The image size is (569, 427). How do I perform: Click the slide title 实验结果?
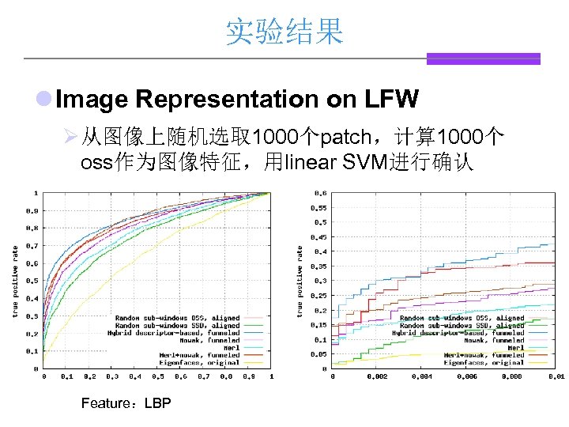(284, 32)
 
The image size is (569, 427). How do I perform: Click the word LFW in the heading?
(391, 100)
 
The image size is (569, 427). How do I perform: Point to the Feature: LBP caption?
(126, 403)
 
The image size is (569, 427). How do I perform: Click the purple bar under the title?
(483, 59)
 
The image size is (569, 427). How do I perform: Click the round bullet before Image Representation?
(45, 100)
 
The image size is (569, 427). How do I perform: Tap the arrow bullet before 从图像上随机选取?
(69, 138)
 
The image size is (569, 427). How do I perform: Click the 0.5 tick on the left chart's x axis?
(157, 377)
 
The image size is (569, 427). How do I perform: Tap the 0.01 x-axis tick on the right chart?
(556, 377)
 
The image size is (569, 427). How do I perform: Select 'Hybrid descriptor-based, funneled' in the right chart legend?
(458, 333)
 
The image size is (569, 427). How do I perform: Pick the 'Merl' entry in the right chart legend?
(515, 348)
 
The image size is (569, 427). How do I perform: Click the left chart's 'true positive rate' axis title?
(15, 282)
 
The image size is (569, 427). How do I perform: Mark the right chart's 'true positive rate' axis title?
(300, 282)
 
